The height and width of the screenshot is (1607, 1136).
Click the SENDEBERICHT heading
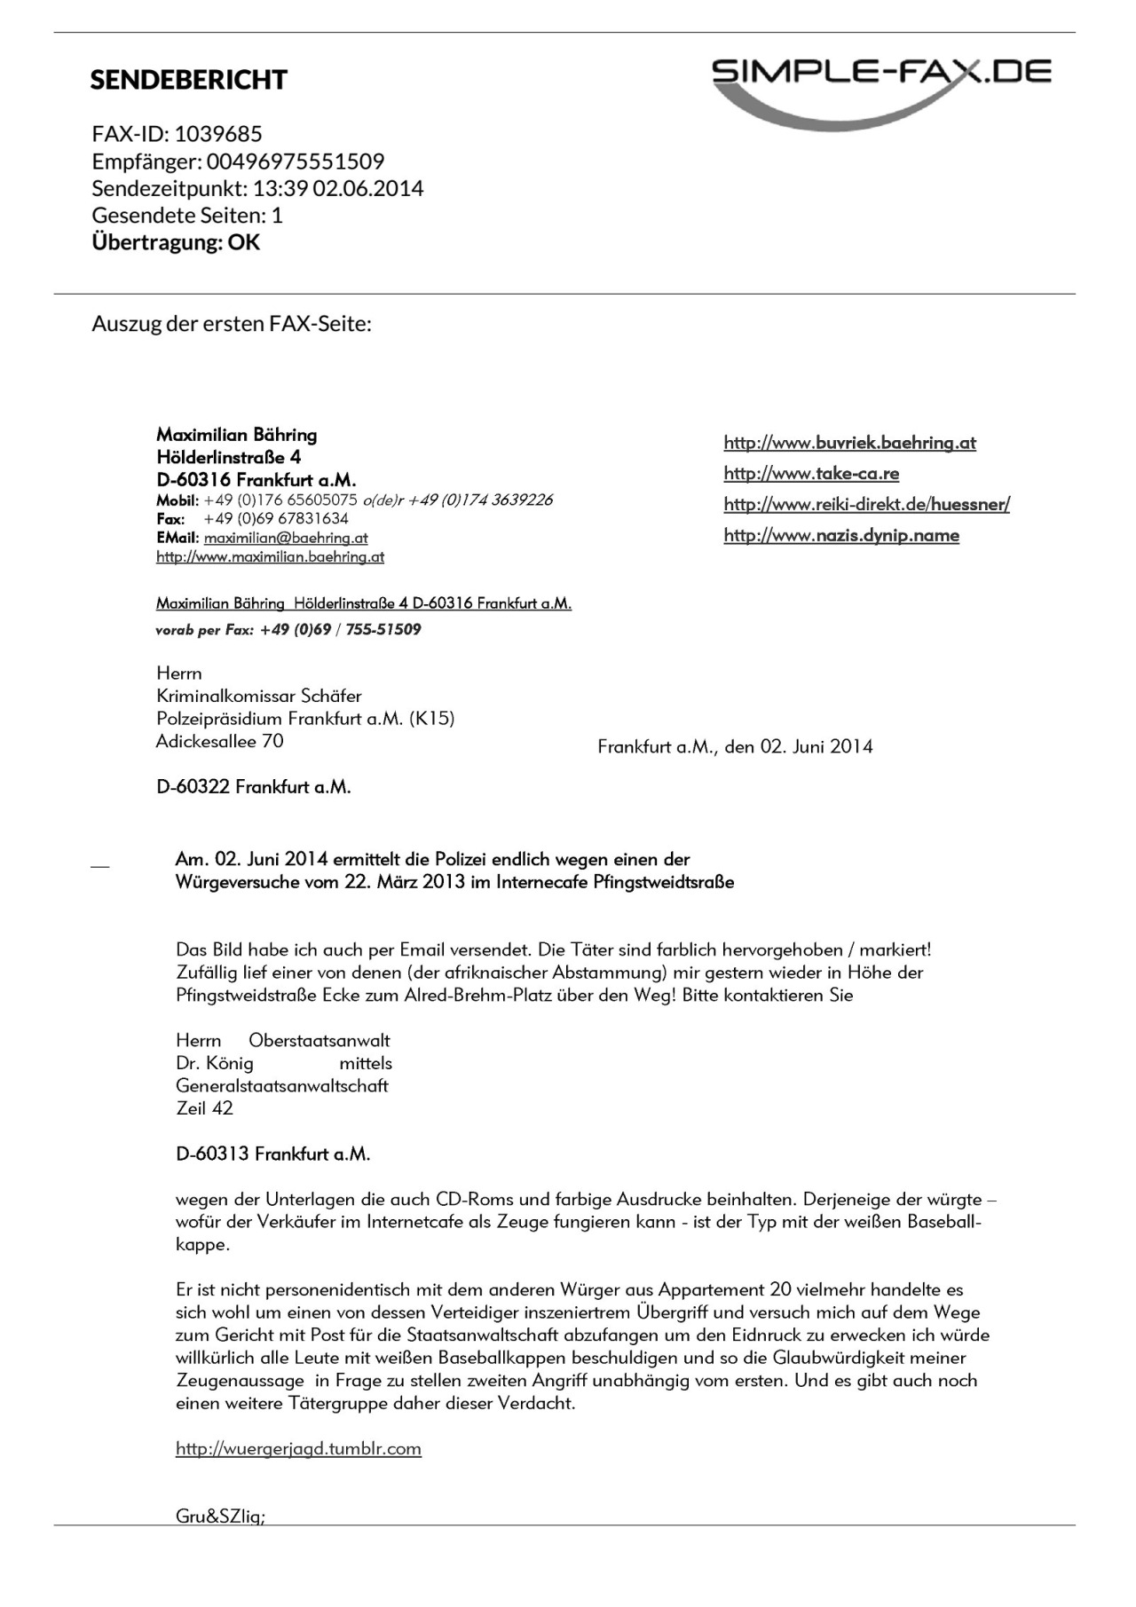[x=188, y=80]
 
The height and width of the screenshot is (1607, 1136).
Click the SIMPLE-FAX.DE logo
[x=881, y=85]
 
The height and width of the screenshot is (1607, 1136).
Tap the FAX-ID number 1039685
[x=218, y=134]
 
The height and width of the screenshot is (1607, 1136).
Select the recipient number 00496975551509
[x=296, y=161]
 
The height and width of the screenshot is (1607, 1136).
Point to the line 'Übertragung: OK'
[x=176, y=242]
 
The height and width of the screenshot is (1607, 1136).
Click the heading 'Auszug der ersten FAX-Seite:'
[x=232, y=324]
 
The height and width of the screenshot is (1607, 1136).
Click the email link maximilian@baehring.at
[x=286, y=538]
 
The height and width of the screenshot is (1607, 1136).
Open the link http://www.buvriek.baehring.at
[x=849, y=443]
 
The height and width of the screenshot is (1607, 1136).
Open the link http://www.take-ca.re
[x=811, y=474]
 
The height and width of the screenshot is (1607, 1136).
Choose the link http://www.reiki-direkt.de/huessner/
[x=866, y=505]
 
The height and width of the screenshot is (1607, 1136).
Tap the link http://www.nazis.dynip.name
[x=841, y=535]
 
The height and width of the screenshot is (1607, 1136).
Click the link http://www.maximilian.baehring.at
[x=270, y=557]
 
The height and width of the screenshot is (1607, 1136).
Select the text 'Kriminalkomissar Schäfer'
[x=258, y=696]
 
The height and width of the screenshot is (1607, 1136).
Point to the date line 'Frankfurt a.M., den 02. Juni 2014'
[x=735, y=747]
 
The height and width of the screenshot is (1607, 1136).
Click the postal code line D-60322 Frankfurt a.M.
[x=253, y=787]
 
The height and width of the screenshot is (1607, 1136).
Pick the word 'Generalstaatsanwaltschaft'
[x=282, y=1086]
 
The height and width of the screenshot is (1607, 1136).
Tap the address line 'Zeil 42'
[x=204, y=1108]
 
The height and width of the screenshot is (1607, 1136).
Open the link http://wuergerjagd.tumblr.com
[x=298, y=1449]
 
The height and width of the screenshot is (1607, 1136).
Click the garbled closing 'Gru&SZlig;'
[x=220, y=1516]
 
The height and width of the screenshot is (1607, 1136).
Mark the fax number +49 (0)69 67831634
[x=276, y=519]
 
